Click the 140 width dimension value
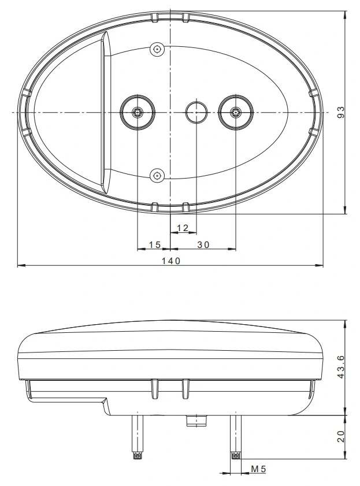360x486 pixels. pos(171,261)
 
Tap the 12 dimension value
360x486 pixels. pos(183,228)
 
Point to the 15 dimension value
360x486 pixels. pos(154,245)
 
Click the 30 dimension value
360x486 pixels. pos(203,245)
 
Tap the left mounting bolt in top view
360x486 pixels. pos(138,112)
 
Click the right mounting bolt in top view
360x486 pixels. pos(236,112)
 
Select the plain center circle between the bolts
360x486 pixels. pos(196,112)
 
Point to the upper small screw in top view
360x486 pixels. pos(157,50)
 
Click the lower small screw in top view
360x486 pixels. pos(157,175)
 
